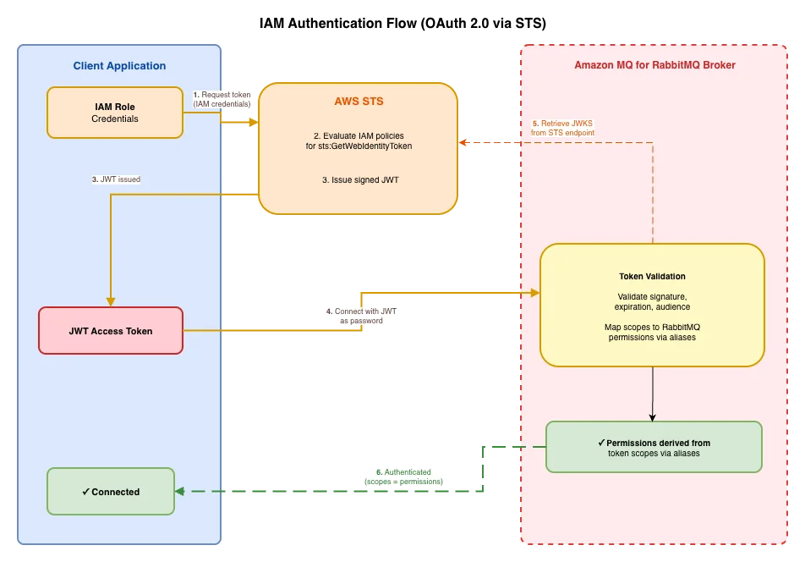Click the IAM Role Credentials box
tap(115, 113)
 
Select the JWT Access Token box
tap(111, 331)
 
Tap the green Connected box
tap(111, 492)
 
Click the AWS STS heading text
tap(359, 102)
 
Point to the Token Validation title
tap(652, 277)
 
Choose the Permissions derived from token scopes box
tap(654, 447)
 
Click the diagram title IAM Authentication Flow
tap(402, 23)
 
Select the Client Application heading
tap(119, 66)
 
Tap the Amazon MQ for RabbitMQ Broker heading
tap(654, 65)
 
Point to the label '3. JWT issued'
tap(116, 179)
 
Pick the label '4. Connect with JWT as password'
tap(361, 316)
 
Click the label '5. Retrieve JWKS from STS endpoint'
tap(562, 128)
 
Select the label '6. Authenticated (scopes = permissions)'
tap(403, 477)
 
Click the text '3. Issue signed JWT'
tap(360, 179)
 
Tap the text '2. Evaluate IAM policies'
tap(359, 135)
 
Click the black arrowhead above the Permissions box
tap(653, 417)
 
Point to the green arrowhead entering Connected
tap(179, 492)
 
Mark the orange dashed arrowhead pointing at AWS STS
tap(463, 142)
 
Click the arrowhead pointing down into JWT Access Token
tap(111, 302)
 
